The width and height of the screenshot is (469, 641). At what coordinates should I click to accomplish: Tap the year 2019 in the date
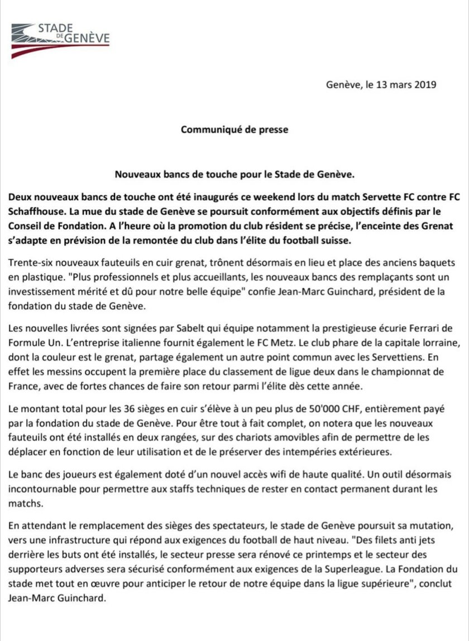click(x=424, y=85)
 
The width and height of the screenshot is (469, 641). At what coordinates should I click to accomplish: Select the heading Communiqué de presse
click(x=234, y=129)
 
